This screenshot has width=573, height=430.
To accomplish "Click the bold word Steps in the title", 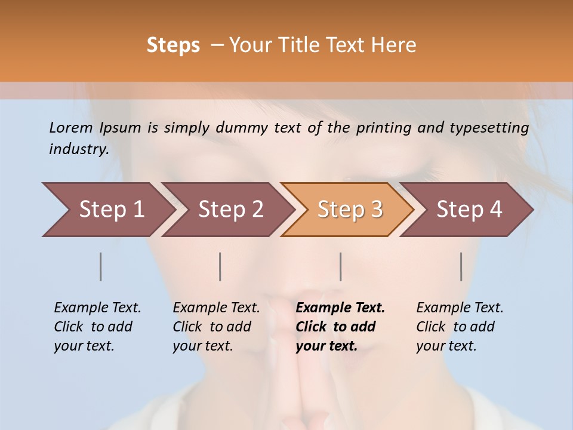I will (x=173, y=45).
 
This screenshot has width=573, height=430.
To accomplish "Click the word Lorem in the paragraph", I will (x=71, y=127).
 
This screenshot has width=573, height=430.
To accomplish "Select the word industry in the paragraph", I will (x=79, y=149).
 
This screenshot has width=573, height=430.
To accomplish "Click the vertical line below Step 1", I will (x=101, y=266).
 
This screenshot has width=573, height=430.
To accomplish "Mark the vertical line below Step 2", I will (x=220, y=266).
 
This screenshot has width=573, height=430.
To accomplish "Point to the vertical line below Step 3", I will (x=340, y=266).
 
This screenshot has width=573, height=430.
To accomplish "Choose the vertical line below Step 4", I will (x=461, y=266).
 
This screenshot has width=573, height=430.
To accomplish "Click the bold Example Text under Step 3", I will (x=340, y=308).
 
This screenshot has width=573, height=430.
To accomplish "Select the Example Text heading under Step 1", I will (x=97, y=308).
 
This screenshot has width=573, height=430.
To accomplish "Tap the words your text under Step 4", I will (x=446, y=346).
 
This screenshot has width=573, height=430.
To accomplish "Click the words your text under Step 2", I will (x=202, y=346).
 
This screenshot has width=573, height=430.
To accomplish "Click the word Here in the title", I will (x=394, y=45).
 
